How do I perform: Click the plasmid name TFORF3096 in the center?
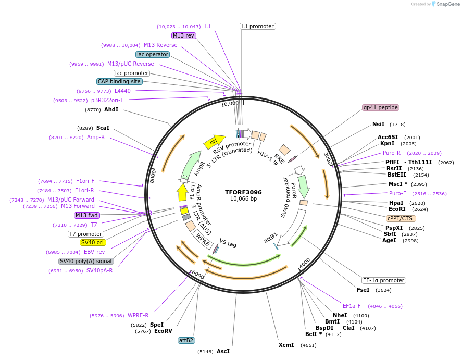pyautogui.click(x=243, y=192)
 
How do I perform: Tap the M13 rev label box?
pyautogui.click(x=183, y=35)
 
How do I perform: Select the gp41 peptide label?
pyautogui.click(x=381, y=108)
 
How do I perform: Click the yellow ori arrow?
pyautogui.click(x=214, y=141)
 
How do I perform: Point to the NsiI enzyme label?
pyautogui.click(x=378, y=125)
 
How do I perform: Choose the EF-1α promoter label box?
pyautogui.click(x=383, y=280)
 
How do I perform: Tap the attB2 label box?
pyautogui.click(x=186, y=340)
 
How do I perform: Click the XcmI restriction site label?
pyautogui.click(x=286, y=345)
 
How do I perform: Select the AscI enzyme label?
pyautogui.click(x=223, y=352)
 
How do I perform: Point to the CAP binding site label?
pyautogui.click(x=119, y=81)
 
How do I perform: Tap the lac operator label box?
pyautogui.click(x=152, y=54)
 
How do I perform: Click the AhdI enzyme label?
pyautogui.click(x=111, y=110)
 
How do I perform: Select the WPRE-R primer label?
pyautogui.click(x=138, y=315)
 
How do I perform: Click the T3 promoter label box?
pyautogui.click(x=257, y=26)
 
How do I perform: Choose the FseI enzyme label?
pyautogui.click(x=363, y=290)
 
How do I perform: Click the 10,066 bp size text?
pyautogui.click(x=243, y=199)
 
